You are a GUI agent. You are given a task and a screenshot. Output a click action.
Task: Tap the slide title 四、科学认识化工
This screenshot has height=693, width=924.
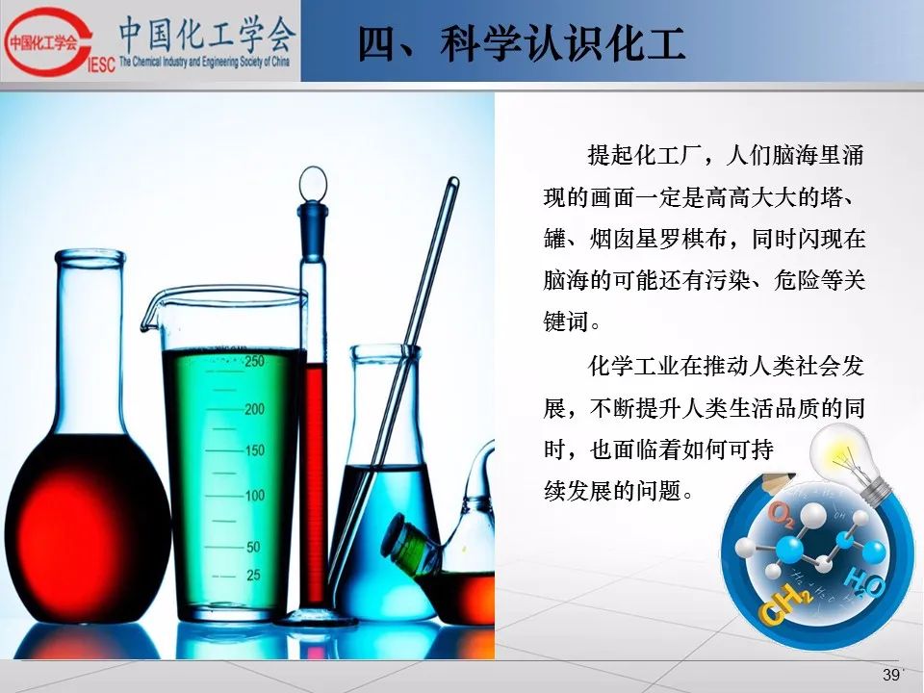point(522,43)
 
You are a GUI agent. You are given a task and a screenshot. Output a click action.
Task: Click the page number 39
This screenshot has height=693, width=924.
point(891,675)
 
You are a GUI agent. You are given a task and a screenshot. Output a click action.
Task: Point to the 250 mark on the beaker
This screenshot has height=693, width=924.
point(254,361)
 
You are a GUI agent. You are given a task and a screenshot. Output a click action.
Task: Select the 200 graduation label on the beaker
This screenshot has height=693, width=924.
point(254,409)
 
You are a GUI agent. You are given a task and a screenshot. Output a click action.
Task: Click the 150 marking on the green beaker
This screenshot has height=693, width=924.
point(254,450)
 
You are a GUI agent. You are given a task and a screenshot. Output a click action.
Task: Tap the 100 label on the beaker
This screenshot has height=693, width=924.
point(254,496)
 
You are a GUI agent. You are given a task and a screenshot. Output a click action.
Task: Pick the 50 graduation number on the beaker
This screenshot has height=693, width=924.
point(253,547)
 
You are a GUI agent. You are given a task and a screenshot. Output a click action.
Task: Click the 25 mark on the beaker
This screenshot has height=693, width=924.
point(253,576)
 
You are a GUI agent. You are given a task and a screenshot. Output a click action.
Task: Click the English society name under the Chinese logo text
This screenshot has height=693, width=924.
point(204,62)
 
